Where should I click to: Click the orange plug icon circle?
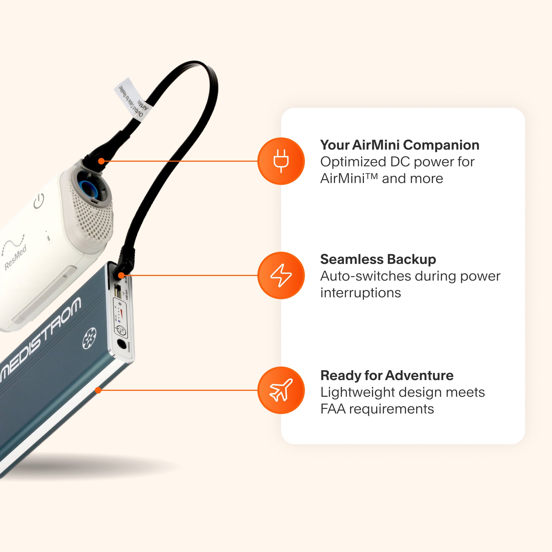pyautogui.click(x=281, y=161)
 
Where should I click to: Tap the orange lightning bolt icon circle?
pyautogui.click(x=281, y=275)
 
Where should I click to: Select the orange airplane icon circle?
pyautogui.click(x=281, y=390)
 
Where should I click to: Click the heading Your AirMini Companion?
pyautogui.click(x=399, y=145)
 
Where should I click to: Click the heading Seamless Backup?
pyautogui.click(x=378, y=259)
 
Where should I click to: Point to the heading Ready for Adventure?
pyautogui.click(x=387, y=375)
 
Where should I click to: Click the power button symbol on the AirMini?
pyautogui.click(x=39, y=201)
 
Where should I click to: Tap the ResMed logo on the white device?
pyautogui.click(x=15, y=257)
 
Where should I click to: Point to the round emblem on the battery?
pyautogui.click(x=89, y=339)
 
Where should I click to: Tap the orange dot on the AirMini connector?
pyautogui.click(x=101, y=161)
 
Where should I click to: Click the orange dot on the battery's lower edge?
pyautogui.click(x=98, y=390)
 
